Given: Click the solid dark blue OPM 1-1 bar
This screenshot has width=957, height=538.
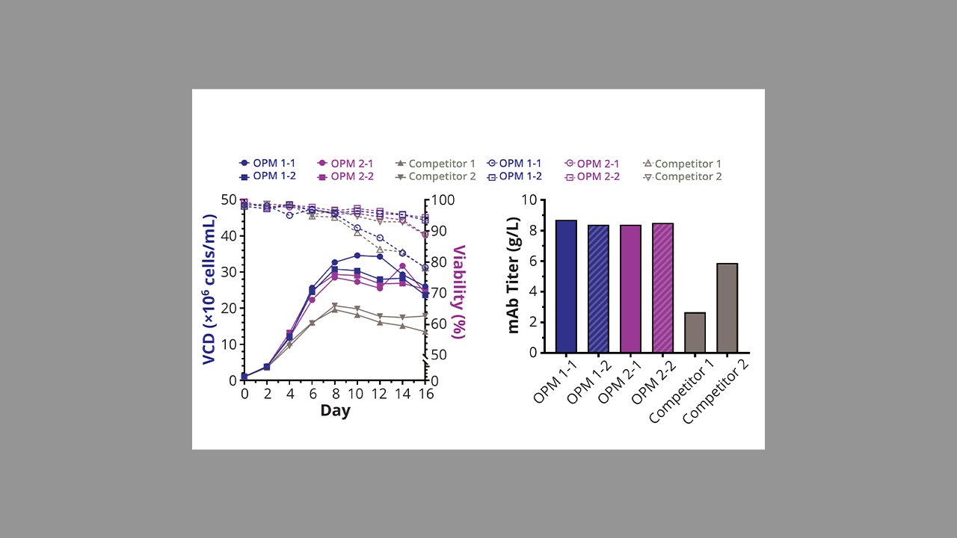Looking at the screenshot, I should (x=566, y=286).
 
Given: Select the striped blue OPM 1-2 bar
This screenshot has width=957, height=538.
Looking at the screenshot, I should (x=598, y=288).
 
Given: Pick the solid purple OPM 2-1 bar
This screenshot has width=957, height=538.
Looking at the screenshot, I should (x=630, y=288).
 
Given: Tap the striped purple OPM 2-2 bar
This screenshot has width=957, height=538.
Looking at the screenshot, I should (x=662, y=288).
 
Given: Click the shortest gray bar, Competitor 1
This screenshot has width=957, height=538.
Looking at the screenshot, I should (x=695, y=333).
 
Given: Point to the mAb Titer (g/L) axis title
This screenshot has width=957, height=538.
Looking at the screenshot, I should (x=514, y=276).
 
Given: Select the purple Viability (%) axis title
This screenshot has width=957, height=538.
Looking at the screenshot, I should (x=458, y=295).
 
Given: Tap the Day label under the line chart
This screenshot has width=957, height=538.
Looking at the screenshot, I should (x=335, y=410).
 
